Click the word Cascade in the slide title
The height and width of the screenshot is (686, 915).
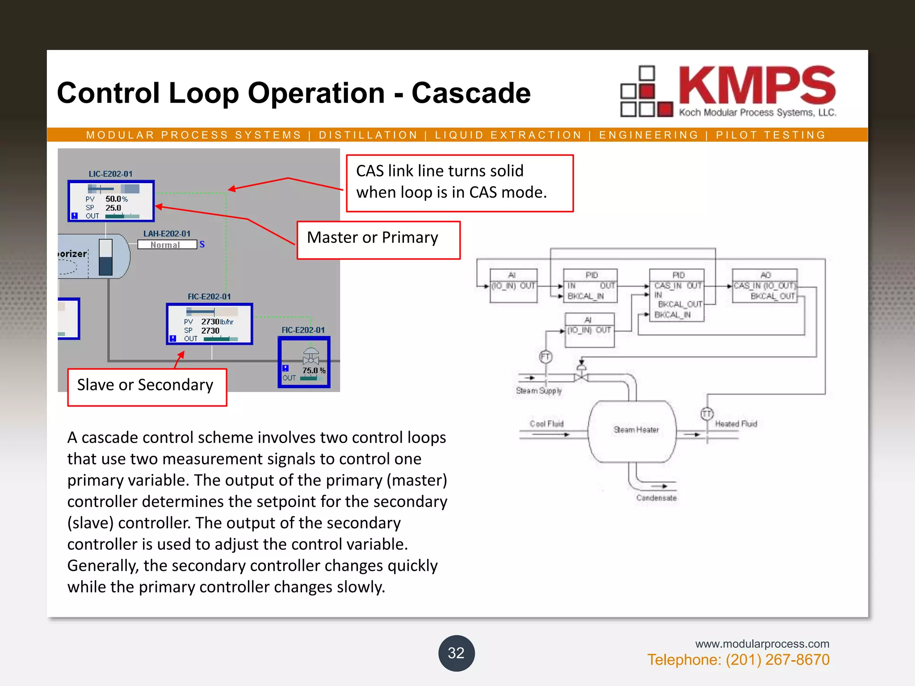click(x=471, y=93)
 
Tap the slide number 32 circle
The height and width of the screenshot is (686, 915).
click(x=456, y=653)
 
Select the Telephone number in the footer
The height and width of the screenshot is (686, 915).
click(x=738, y=660)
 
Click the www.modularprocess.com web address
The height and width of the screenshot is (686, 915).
click(x=762, y=644)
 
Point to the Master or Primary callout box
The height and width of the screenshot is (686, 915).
click(x=378, y=240)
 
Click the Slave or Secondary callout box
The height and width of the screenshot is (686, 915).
click(x=147, y=387)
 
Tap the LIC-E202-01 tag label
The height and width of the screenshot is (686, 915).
click(x=110, y=174)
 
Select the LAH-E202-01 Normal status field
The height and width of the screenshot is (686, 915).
click(x=167, y=245)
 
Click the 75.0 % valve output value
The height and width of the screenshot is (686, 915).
click(x=314, y=370)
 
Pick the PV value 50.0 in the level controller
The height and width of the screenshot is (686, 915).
click(x=116, y=199)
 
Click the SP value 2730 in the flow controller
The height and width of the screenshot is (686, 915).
click(x=210, y=330)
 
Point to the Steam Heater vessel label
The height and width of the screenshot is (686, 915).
click(x=636, y=430)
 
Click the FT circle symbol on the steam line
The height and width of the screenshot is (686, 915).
click(x=546, y=357)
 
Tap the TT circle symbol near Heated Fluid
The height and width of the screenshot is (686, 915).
click(x=707, y=414)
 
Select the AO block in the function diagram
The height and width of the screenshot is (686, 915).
click(x=765, y=285)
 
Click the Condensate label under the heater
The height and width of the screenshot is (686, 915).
click(x=656, y=498)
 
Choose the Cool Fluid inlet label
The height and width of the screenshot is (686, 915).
click(x=546, y=424)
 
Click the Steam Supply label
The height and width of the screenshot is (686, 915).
click(x=538, y=391)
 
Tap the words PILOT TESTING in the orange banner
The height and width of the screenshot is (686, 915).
click(x=771, y=135)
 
